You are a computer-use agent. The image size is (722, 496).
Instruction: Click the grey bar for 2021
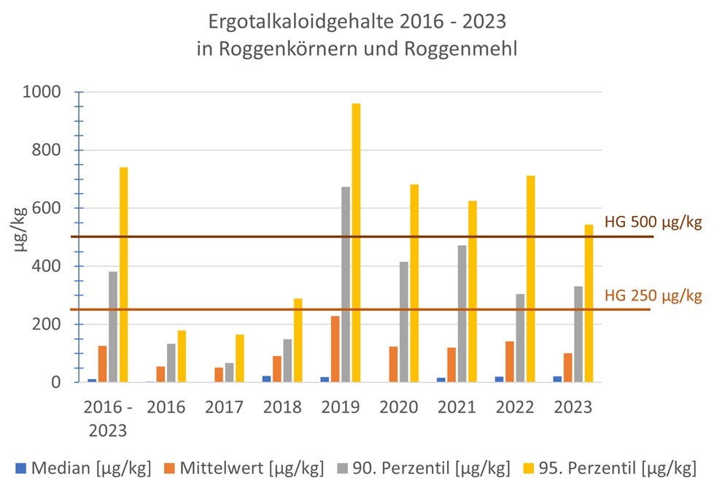[462, 314]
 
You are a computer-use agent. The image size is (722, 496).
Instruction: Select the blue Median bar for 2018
[266, 379]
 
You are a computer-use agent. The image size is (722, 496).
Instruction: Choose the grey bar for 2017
[229, 372]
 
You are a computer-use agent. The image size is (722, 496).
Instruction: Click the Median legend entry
[83, 468]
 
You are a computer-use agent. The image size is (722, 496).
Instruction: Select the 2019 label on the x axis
[341, 408]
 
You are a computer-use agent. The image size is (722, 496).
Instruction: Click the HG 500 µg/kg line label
[653, 222]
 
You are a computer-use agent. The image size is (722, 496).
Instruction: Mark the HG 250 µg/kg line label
[653, 295]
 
